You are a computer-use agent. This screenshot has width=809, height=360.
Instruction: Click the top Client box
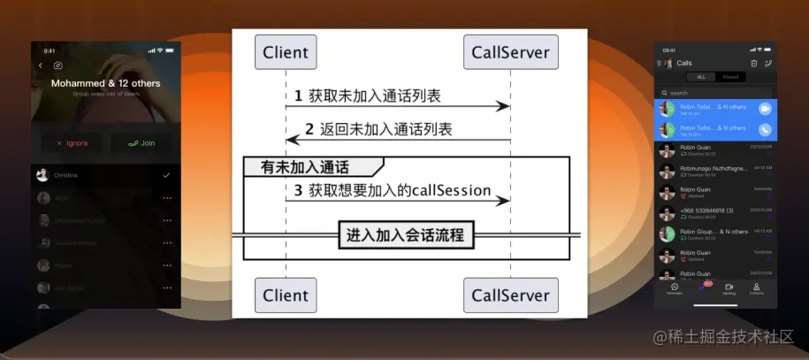[286, 52]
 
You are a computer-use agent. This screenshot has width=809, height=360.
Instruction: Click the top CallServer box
[510, 52]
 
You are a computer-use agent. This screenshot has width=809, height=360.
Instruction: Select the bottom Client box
[286, 295]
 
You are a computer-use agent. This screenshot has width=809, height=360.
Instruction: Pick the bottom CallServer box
[510, 295]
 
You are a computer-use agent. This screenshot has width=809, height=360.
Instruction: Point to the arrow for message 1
[398, 106]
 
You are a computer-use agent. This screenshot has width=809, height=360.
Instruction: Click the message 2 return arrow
[398, 140]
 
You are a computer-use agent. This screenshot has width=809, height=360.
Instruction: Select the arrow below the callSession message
[398, 201]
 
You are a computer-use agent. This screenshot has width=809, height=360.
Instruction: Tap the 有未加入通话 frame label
[305, 166]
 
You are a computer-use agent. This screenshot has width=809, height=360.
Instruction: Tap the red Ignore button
[72, 142]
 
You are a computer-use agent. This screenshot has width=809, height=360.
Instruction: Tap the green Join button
[141, 142]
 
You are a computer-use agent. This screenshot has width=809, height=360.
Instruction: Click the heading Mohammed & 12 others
[106, 83]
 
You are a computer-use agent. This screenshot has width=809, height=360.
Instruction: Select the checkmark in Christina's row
[166, 175]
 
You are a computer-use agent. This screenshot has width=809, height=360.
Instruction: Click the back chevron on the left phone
[40, 65]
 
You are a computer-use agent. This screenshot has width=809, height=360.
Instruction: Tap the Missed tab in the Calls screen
[730, 77]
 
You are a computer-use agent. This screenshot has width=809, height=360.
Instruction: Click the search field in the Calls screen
[716, 92]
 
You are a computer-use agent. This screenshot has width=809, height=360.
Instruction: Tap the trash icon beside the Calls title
[753, 63]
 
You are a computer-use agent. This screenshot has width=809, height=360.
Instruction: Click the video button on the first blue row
[765, 108]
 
